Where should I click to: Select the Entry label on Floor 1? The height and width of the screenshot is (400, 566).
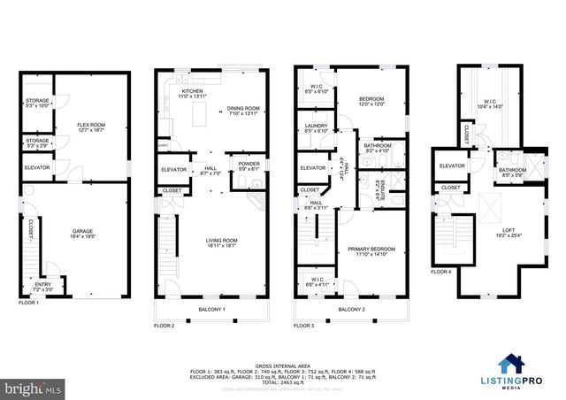pos(43,285)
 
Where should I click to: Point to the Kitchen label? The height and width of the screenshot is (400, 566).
pos(193,91)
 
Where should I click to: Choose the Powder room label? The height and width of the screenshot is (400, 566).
pos(249,165)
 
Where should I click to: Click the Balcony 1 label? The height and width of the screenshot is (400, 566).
pos(211,309)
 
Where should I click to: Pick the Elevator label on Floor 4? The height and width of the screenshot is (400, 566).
pos(452,165)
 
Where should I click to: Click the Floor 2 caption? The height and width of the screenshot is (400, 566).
pos(164,326)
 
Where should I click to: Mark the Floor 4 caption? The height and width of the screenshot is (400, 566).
pos(440,272)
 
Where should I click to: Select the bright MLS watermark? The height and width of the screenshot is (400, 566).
pos(34,388)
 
